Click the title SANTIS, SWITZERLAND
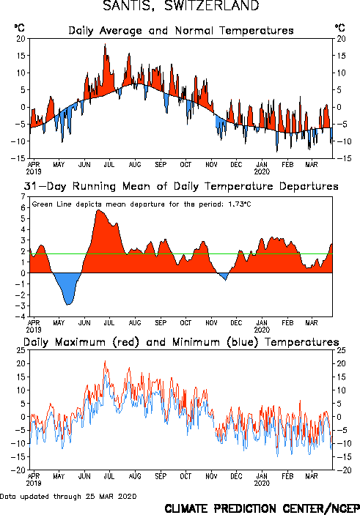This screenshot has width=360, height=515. pos(181,6)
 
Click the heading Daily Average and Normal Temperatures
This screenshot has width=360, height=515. pos(181,31)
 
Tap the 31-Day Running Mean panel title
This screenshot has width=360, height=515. pos(181,186)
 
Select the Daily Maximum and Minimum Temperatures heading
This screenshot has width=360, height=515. pos(181,342)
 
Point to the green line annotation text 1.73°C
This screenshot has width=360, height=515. pos(240,204)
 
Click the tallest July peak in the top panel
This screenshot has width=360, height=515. pos(105,44)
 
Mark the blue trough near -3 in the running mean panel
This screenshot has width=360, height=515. pos(68,304)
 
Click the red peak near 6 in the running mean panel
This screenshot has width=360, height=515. pos(99,210)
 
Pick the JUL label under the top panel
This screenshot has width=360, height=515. pos(109,164)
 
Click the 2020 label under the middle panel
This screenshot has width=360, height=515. pos(262,330)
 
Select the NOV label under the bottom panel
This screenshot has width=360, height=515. pos(211,476)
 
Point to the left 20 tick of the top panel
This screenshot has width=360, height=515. pos(21,39)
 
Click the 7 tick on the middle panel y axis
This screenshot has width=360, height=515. pos(23,197)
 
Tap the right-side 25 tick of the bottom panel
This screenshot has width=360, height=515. pos(341,350)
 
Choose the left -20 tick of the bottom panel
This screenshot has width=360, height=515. pos(18,470)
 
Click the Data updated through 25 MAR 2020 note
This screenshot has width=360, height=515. pos(68,496)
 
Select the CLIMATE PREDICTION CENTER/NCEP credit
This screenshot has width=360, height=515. pos(262,508)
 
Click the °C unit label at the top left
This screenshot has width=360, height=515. pos(19,28)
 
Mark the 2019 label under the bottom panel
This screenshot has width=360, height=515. pos(34,483)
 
